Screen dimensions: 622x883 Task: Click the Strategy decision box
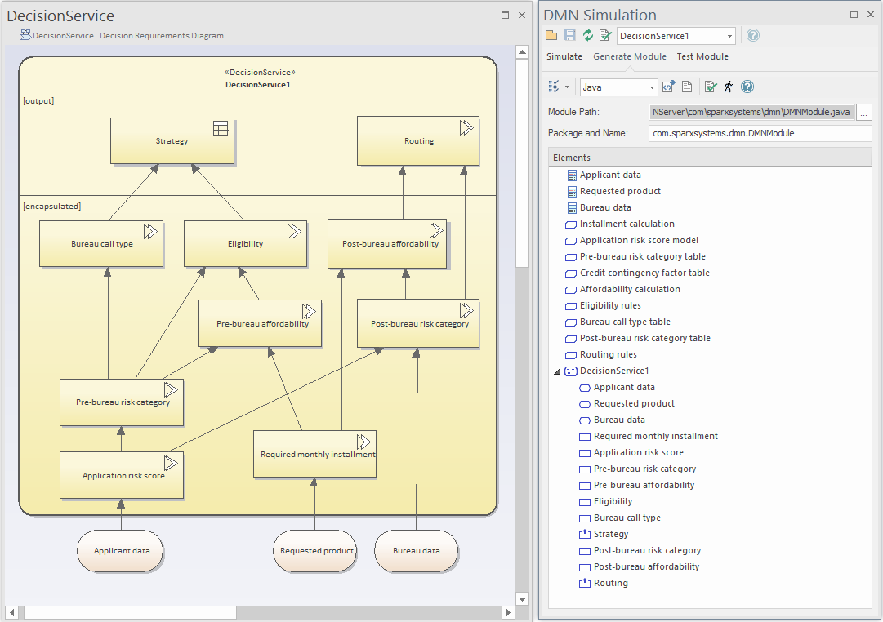(x=172, y=141)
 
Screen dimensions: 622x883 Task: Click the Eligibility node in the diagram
(x=245, y=244)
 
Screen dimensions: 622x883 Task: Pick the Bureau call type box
(x=101, y=244)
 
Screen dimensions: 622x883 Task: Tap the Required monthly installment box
(x=314, y=455)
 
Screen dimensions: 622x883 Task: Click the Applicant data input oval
(x=122, y=551)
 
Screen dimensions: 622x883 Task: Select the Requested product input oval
(x=316, y=551)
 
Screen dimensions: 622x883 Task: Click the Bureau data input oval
(x=416, y=551)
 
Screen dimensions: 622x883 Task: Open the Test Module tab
(x=702, y=56)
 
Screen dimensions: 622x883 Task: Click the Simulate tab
(x=564, y=56)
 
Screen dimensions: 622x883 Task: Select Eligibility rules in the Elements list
(x=610, y=305)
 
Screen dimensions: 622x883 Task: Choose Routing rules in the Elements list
(x=608, y=354)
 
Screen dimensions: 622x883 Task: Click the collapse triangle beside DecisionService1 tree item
(x=557, y=371)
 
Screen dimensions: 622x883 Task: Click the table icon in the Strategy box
(x=221, y=128)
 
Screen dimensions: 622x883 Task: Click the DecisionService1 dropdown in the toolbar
(x=676, y=36)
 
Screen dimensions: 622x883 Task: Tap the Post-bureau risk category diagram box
(x=419, y=324)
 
